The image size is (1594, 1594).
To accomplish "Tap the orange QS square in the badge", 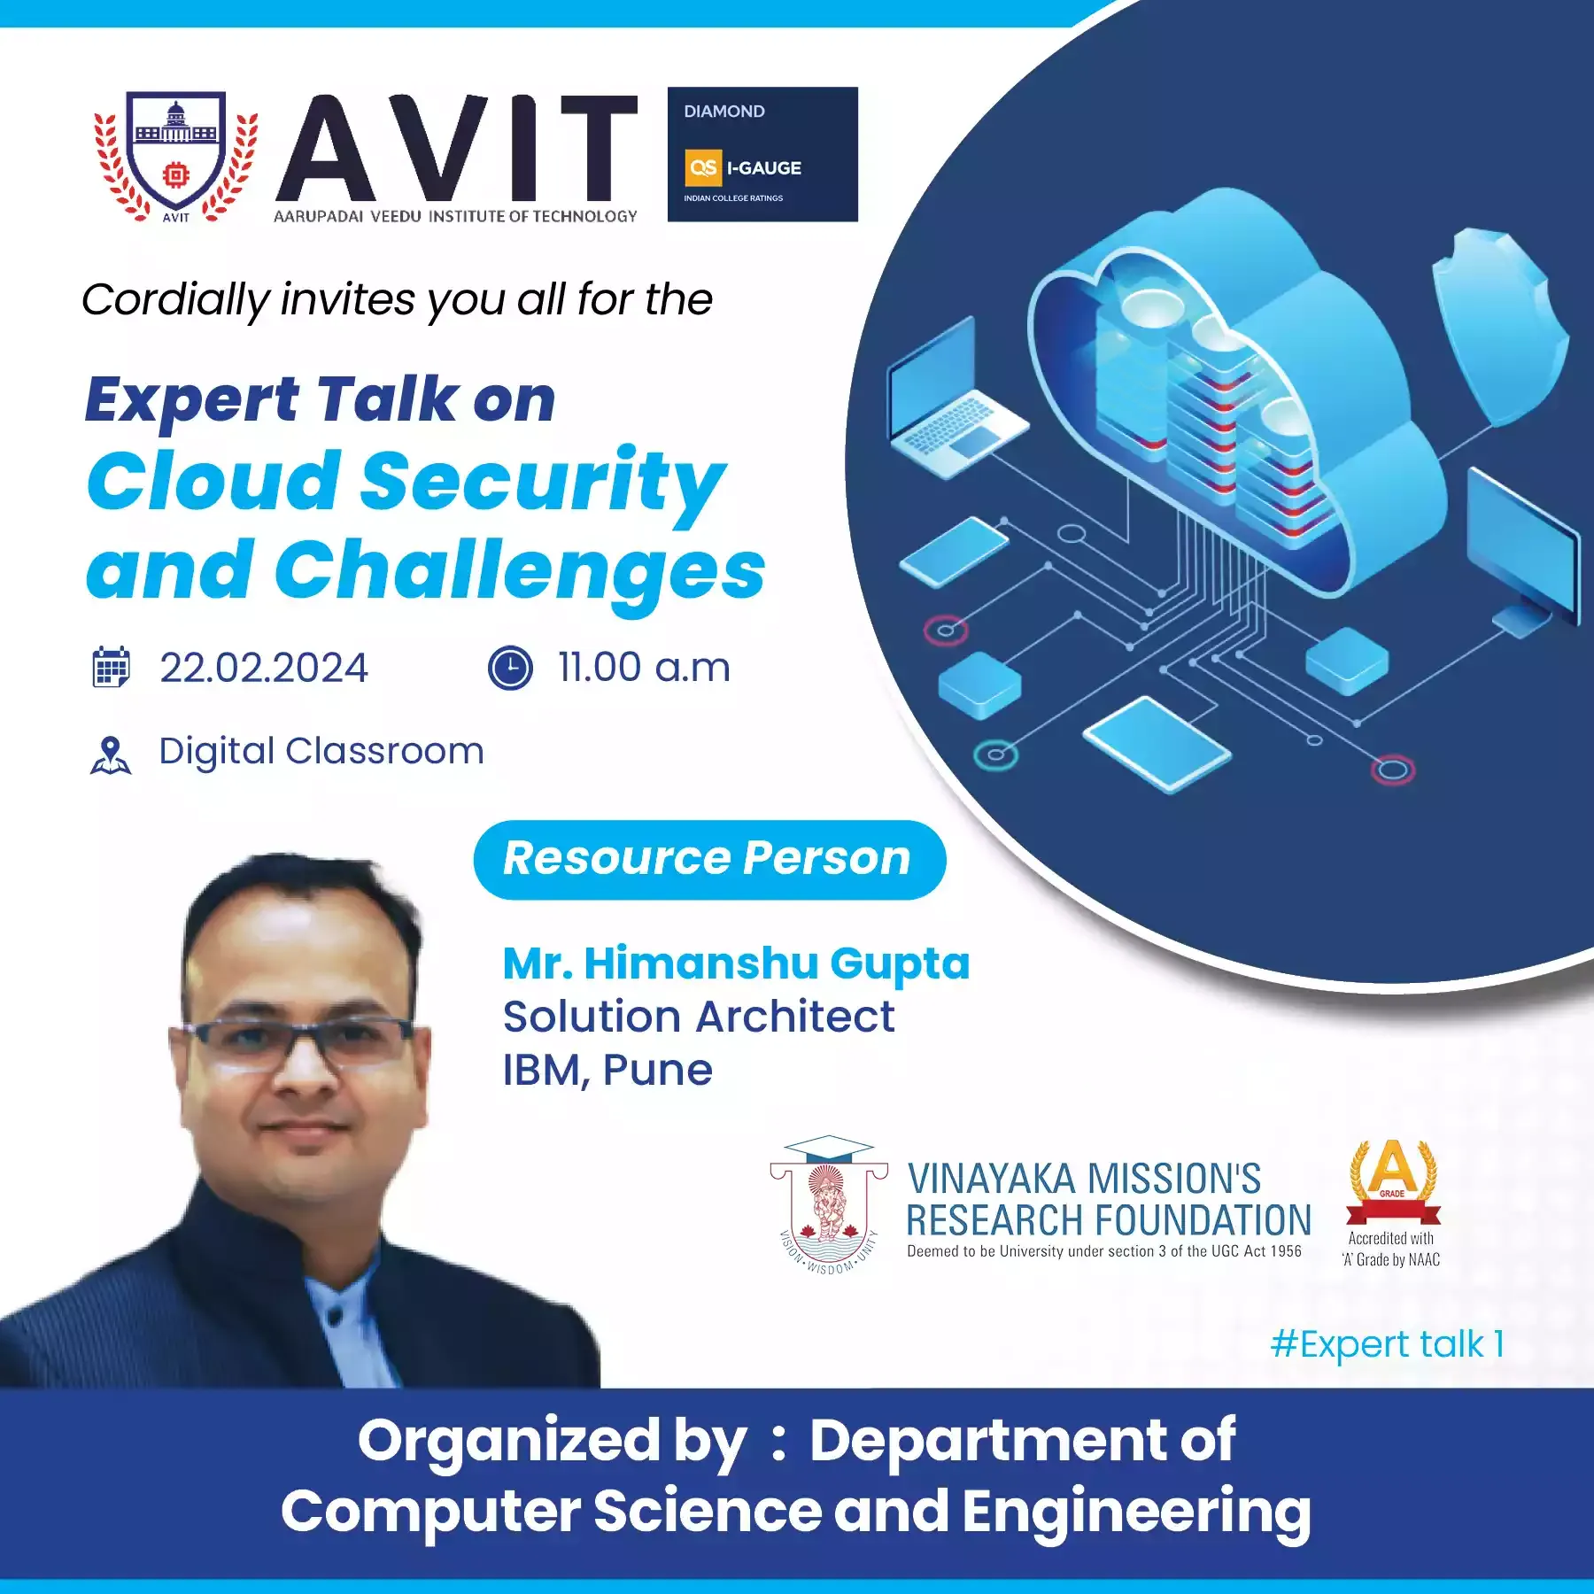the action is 704,167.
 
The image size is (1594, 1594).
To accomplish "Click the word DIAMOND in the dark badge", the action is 723,112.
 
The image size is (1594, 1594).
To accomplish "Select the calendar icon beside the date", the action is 111,667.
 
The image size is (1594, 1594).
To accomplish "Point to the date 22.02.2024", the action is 264,668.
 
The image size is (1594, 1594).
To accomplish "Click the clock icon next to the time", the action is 510,668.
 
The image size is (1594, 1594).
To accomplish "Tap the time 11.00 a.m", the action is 644,668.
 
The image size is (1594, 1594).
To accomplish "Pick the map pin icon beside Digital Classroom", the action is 111,755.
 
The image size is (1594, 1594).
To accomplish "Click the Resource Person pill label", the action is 709,859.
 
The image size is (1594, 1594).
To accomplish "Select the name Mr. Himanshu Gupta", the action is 736,964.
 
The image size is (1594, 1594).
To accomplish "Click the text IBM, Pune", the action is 607,1071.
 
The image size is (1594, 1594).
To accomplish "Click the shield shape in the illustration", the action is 1497,326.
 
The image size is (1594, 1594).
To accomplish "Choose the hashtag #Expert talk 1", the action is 1387,1344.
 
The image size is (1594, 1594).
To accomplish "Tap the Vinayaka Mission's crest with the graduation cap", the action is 829,1204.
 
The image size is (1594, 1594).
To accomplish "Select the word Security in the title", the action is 543,483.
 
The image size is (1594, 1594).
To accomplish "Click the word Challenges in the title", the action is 520,572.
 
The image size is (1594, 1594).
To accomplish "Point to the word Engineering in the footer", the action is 1136,1512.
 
